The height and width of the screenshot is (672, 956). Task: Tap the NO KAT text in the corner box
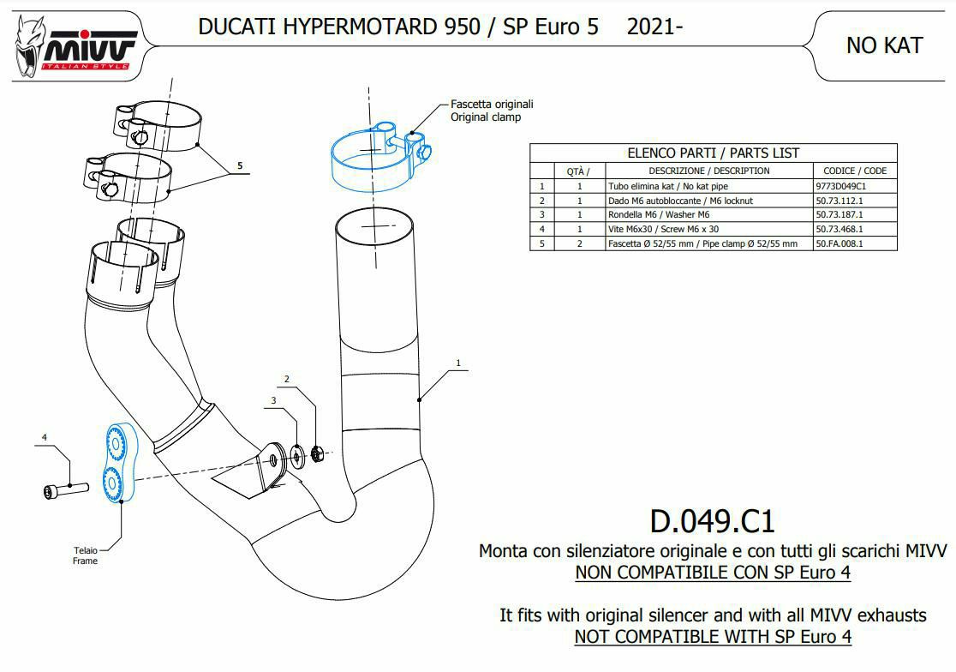pos(884,45)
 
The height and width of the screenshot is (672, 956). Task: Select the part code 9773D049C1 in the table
pos(840,186)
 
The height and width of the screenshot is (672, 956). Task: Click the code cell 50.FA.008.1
pos(839,243)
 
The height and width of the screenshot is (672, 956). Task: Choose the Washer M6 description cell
pos(659,214)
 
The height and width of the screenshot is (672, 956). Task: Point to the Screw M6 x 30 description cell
pos(663,229)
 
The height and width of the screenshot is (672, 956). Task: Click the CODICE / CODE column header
pos(855,171)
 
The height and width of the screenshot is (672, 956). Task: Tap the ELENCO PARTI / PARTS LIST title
pos(713,153)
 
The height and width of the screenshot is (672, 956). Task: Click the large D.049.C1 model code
pos(712,521)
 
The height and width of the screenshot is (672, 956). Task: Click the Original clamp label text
pos(486,117)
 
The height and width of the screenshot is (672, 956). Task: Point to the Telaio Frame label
pos(86,555)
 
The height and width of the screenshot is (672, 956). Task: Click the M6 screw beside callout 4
pos(67,489)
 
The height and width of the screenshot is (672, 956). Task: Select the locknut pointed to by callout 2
pos(316,453)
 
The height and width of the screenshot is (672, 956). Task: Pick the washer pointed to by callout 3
pos(298,455)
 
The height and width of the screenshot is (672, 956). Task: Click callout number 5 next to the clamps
pos(240,166)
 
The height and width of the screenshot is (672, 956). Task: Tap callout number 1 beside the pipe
pos(458,363)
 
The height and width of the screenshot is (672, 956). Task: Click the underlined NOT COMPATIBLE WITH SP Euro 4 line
pos(713,637)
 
